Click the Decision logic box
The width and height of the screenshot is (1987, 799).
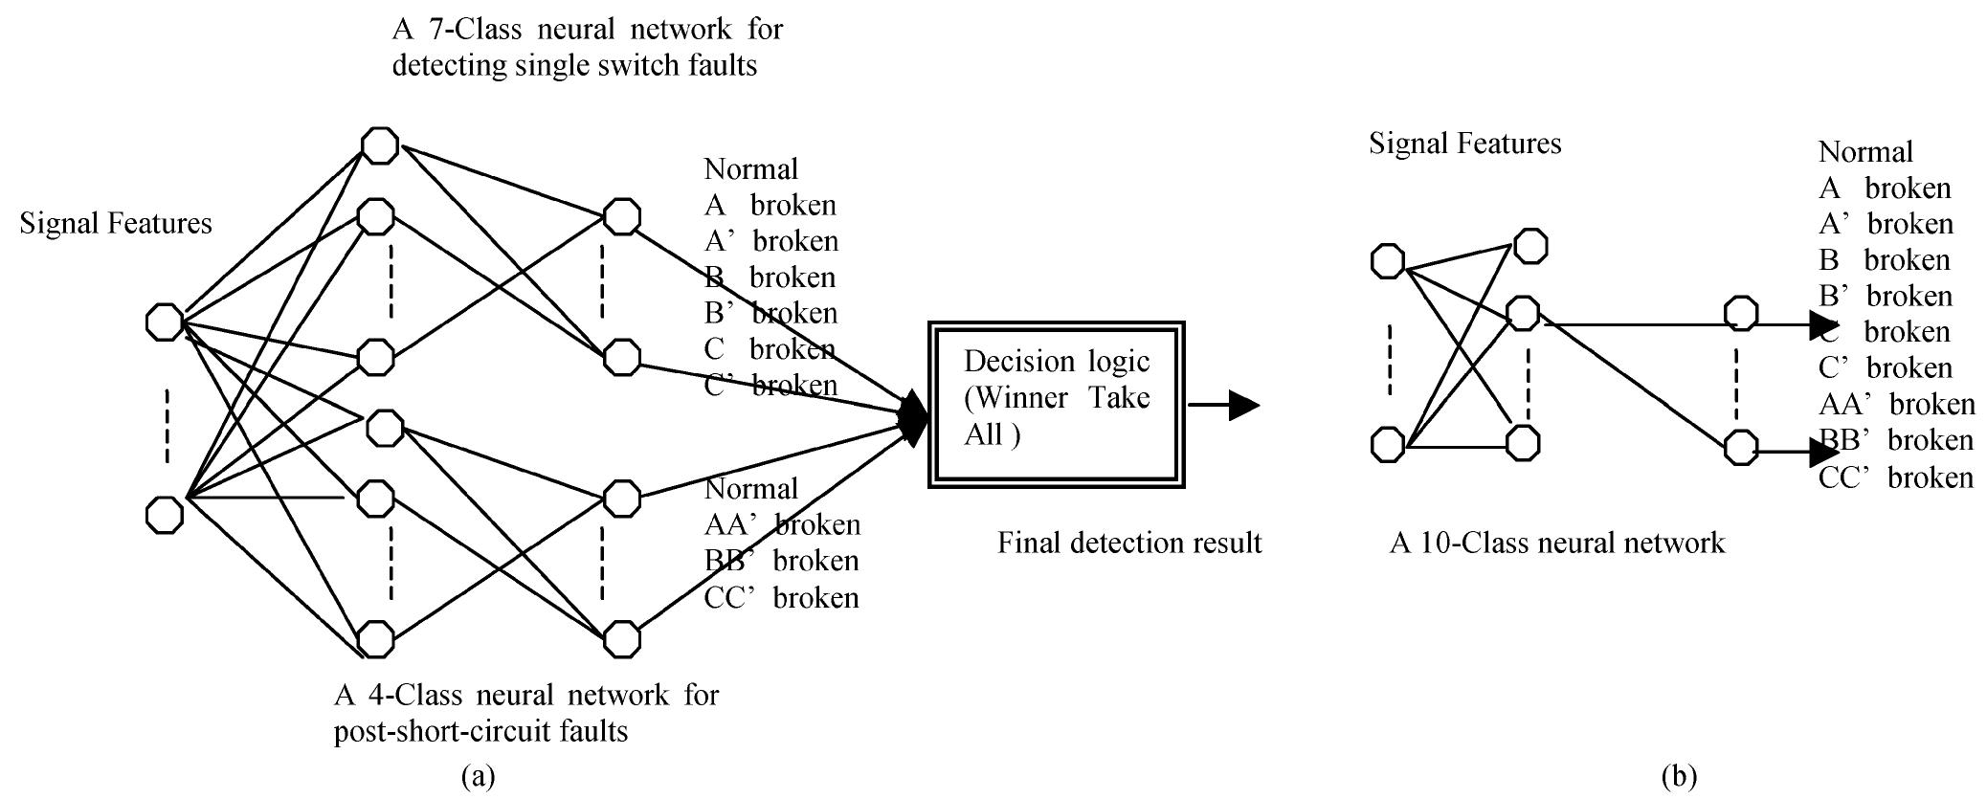click(x=1057, y=404)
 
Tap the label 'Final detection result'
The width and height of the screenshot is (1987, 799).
click(x=1129, y=544)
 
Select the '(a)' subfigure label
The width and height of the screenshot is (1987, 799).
click(x=478, y=776)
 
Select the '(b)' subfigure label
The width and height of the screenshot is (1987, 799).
click(x=1679, y=776)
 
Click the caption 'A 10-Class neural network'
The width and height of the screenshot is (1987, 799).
click(x=1556, y=544)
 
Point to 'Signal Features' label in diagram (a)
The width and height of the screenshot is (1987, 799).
click(x=116, y=224)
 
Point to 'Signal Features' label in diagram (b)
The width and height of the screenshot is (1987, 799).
click(x=1464, y=144)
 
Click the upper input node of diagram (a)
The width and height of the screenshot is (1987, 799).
click(x=164, y=322)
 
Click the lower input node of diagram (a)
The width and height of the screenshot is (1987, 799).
click(x=164, y=515)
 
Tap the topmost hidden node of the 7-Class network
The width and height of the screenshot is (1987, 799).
click(x=379, y=145)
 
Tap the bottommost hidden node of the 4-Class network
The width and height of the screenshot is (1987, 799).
click(x=375, y=639)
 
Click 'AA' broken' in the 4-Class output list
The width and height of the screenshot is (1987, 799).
click(x=782, y=524)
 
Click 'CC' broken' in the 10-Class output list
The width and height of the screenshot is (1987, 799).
click(x=1895, y=477)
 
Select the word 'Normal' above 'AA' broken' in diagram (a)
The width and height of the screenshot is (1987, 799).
click(x=750, y=489)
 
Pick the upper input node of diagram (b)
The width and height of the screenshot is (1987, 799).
click(x=1388, y=261)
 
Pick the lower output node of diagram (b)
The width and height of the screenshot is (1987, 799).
click(x=1740, y=447)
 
